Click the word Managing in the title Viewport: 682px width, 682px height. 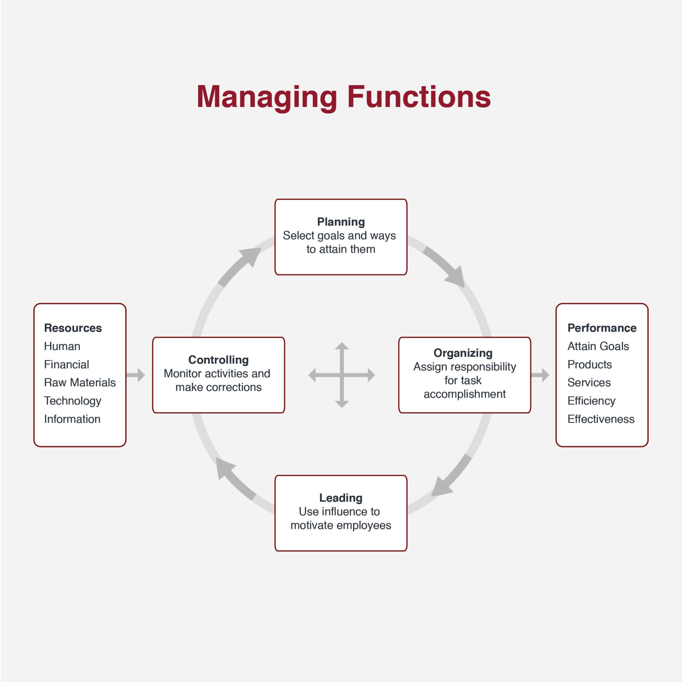[x=267, y=97]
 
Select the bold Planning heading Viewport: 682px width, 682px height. [x=341, y=222]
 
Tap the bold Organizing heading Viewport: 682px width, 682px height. [x=463, y=353]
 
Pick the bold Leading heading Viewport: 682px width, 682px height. [x=341, y=498]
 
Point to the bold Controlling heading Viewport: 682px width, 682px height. [x=218, y=359]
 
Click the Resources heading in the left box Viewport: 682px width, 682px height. [x=73, y=328]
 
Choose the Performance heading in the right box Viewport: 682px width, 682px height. [x=601, y=328]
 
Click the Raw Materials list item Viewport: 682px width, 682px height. [x=80, y=382]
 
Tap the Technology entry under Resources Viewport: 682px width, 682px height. [x=72, y=401]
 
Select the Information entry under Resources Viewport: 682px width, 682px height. [x=72, y=419]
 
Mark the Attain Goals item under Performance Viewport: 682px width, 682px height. [x=598, y=346]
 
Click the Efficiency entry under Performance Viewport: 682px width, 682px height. [x=591, y=401]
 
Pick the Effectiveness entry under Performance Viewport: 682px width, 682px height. [x=601, y=419]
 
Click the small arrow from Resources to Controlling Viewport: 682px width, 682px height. [x=136, y=375]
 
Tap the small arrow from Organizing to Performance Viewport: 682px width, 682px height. [x=540, y=375]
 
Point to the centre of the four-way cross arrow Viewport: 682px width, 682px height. [x=342, y=375]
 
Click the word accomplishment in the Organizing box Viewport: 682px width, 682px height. [x=464, y=394]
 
